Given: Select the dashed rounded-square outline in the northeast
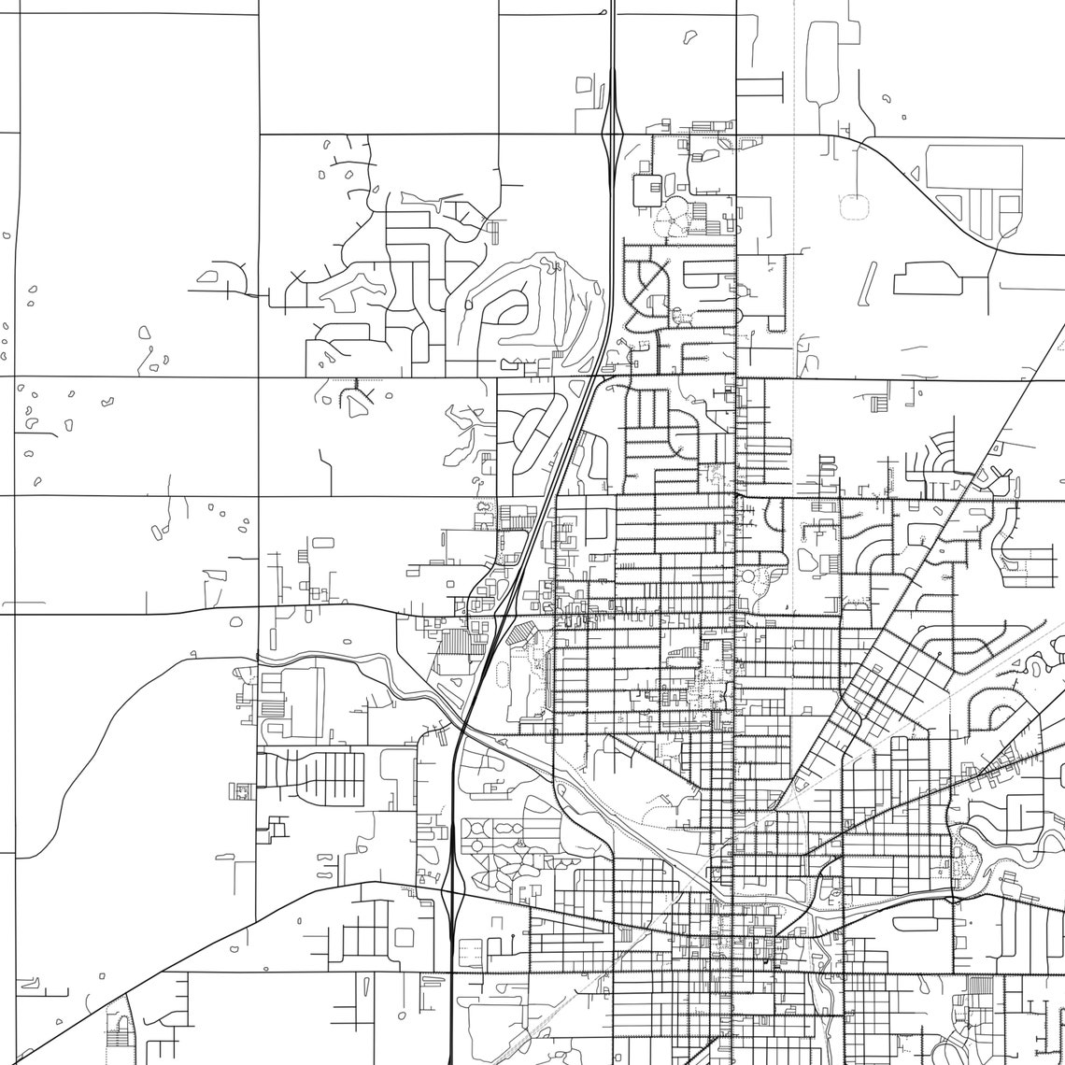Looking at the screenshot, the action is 854,206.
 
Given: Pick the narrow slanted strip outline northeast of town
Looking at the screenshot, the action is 868,283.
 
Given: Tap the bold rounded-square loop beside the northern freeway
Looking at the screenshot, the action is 646,190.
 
